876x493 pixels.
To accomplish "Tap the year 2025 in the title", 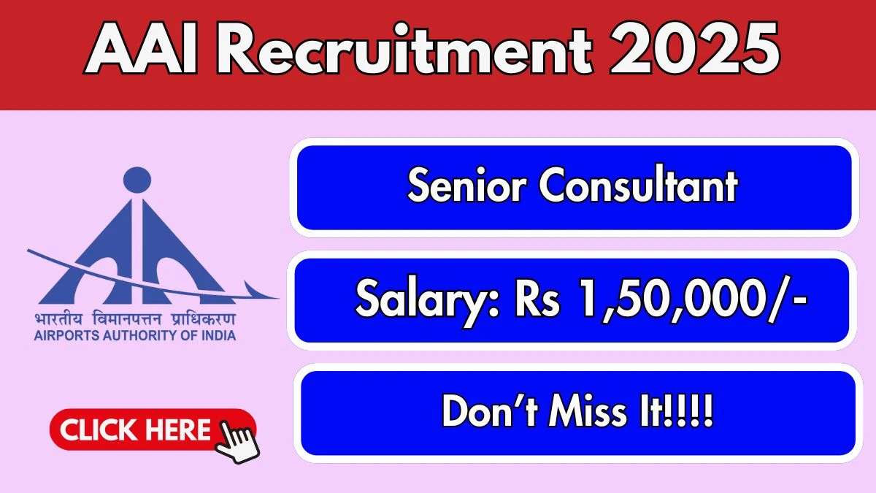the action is click(x=695, y=48).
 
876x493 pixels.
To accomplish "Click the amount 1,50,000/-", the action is click(x=693, y=299).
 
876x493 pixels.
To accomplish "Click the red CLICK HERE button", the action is click(x=153, y=429).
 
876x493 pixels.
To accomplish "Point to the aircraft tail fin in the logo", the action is click(x=253, y=289).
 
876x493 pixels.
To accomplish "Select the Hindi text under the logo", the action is click(x=135, y=319).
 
